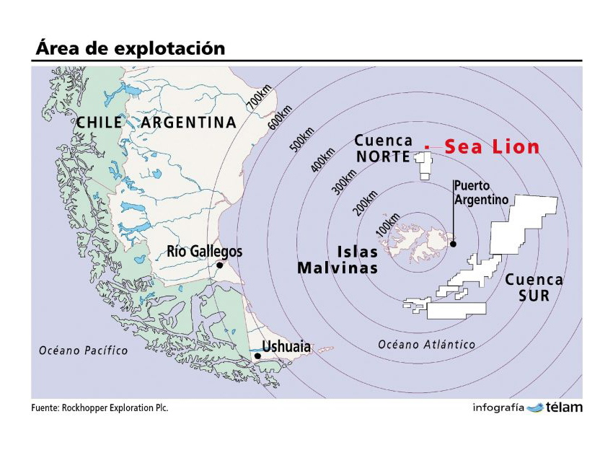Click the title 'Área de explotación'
point(131,48)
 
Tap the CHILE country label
point(100,123)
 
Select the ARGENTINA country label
point(188,123)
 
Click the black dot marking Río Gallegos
point(219,265)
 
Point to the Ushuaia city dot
point(257,356)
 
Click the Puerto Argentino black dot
point(454,244)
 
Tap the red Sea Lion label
point(492,147)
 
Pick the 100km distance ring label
point(387,226)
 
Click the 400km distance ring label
point(324,159)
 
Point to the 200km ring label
point(366,203)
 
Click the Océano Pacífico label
point(83,350)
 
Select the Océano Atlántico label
point(427,345)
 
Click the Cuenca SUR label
point(534,288)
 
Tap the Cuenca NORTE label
point(384,149)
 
